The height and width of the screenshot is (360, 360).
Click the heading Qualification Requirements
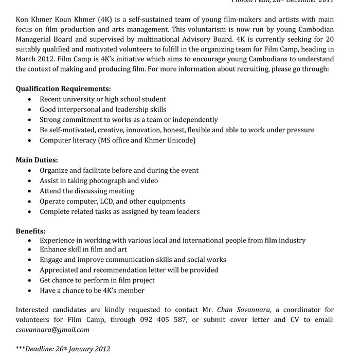coord(63,88)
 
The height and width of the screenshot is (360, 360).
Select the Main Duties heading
coord(37,160)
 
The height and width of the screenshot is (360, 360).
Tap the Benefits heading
coord(30,231)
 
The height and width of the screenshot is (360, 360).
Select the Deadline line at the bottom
coord(63,349)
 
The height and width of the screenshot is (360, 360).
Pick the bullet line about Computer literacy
coord(117,140)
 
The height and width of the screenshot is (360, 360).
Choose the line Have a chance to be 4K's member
coord(92,291)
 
